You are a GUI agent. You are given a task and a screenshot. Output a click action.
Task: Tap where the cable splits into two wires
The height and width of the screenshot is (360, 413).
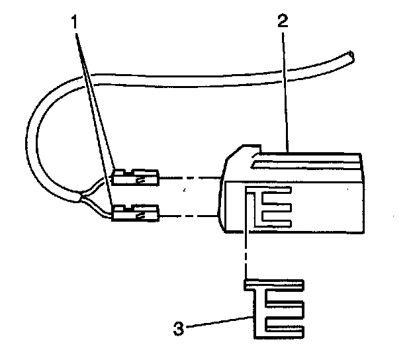coord(82,196)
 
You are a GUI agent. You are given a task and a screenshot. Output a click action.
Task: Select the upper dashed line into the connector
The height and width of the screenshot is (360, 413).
coord(192,178)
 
